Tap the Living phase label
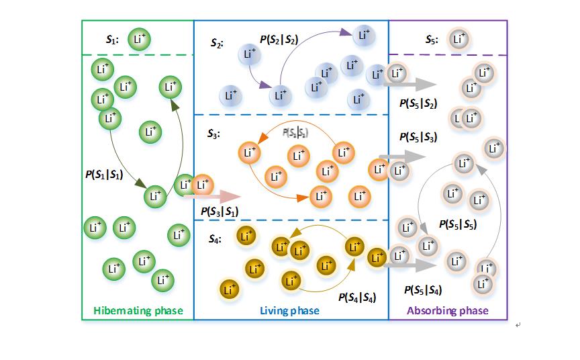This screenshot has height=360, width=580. (289, 311)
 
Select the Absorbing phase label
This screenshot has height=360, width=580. (448, 311)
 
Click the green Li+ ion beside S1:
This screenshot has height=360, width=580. (138, 39)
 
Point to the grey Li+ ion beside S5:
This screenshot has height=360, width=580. (458, 39)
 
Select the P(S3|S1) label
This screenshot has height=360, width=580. (220, 212)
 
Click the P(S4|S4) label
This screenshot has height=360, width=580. (358, 296)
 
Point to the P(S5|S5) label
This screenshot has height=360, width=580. (457, 224)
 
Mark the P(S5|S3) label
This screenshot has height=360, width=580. (418, 138)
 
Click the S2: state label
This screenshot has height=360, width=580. (217, 44)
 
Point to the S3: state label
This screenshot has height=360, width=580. (214, 134)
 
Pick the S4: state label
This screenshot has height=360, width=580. (214, 238)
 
